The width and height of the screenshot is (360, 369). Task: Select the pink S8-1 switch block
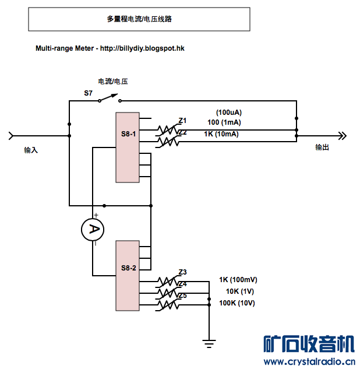[x=128, y=147]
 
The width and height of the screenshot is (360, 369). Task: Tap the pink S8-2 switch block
[x=128, y=275]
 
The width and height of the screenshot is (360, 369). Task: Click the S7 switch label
[x=88, y=93]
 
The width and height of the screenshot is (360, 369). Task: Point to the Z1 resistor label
[x=183, y=121]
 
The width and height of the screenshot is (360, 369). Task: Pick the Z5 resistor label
[x=183, y=296]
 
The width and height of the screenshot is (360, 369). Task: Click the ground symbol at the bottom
[x=209, y=342]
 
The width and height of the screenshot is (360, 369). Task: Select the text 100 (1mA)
[x=224, y=122]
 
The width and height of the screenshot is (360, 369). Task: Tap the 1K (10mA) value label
[x=221, y=134]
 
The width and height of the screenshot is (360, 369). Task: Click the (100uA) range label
[x=229, y=112]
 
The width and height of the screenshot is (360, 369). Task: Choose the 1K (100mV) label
[x=238, y=279]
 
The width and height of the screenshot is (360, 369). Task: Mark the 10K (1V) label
[x=240, y=291]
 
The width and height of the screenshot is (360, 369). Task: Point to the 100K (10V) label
[x=237, y=303]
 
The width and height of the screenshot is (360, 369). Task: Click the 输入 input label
[x=31, y=150]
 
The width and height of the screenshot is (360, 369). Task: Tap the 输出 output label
[x=322, y=147]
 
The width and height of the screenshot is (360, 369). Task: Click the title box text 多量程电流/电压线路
[x=139, y=19]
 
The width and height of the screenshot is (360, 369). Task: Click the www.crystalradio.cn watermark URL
[x=309, y=361]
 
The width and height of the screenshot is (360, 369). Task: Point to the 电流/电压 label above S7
[x=113, y=82]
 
